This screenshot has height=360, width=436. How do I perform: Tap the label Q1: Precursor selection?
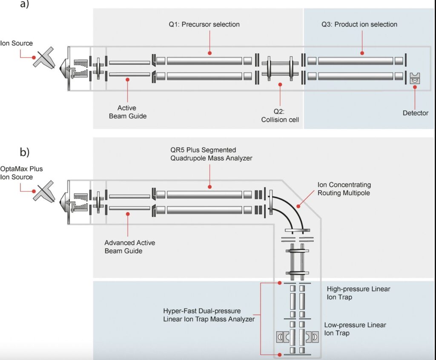click(204, 24)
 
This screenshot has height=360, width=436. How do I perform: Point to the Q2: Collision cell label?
click(280, 115)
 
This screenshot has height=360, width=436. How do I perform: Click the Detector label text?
click(416, 113)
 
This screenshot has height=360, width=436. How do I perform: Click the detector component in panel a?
click(415, 78)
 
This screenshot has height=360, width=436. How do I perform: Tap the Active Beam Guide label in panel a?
click(127, 112)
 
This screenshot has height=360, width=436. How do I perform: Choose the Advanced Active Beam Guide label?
click(129, 247)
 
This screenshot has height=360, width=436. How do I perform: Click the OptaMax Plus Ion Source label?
click(22, 173)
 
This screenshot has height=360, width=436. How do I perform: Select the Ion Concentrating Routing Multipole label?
click(344, 189)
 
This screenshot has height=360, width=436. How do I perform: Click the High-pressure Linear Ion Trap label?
click(358, 293)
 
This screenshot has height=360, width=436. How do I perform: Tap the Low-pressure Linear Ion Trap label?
click(355, 329)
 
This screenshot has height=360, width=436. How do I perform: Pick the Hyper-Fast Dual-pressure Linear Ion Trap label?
click(209, 315)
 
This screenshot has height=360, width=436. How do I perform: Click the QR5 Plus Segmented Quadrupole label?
click(210, 154)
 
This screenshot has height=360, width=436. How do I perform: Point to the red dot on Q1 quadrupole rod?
click(209, 53)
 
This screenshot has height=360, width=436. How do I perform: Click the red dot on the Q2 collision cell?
click(280, 84)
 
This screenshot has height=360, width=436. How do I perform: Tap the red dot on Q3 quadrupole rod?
click(362, 53)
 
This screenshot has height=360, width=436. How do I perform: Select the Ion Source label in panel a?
click(16, 43)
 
